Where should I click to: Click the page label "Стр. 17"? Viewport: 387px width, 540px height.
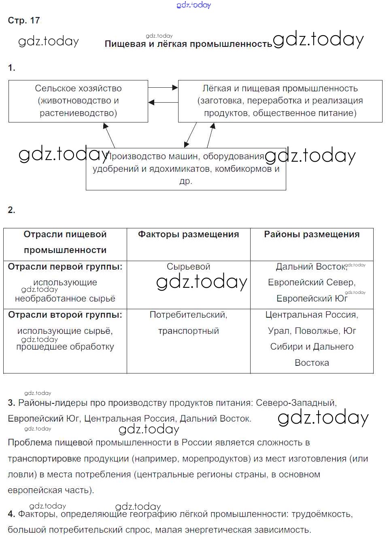(24, 21)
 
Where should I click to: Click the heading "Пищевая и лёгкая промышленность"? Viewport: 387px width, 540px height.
(188, 44)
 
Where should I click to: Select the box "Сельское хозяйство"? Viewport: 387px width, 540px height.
(78, 101)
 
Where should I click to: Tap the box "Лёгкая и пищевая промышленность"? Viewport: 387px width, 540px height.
(280, 101)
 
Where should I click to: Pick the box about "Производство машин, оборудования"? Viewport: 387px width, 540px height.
(186, 169)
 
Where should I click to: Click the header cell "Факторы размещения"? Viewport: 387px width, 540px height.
(188, 234)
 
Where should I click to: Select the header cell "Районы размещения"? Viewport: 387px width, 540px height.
(312, 234)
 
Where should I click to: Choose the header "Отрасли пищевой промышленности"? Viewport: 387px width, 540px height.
(65, 242)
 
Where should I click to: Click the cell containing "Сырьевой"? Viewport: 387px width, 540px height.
(188, 267)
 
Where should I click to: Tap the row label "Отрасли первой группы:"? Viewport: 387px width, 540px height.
(65, 267)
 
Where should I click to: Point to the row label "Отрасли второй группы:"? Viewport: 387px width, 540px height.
(65, 315)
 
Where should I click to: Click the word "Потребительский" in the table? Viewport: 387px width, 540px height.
(188, 315)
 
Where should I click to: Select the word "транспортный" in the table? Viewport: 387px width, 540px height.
(188, 331)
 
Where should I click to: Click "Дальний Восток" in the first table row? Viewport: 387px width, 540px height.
(311, 267)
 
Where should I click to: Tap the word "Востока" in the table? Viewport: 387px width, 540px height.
(312, 363)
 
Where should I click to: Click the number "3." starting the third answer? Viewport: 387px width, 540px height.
(11, 403)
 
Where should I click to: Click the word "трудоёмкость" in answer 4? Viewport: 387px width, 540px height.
(321, 514)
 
